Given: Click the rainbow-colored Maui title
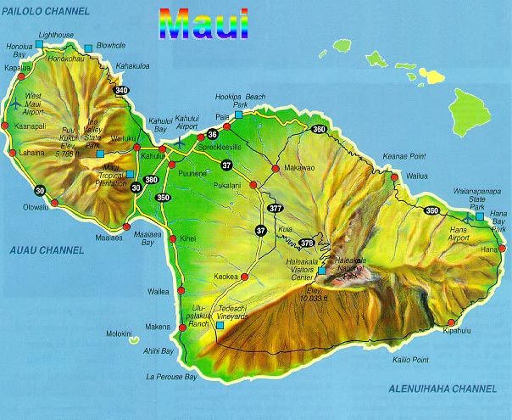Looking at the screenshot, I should click(x=203, y=25).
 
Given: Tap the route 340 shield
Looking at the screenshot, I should click(x=122, y=90).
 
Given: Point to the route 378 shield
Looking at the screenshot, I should click(x=307, y=244).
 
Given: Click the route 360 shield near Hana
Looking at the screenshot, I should click(x=431, y=211).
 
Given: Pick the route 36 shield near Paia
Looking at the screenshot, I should click(x=212, y=134).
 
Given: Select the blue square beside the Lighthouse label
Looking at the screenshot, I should click(x=37, y=43).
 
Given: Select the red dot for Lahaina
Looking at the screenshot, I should click(x=12, y=153).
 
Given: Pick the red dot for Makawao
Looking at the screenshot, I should click(x=273, y=168).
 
